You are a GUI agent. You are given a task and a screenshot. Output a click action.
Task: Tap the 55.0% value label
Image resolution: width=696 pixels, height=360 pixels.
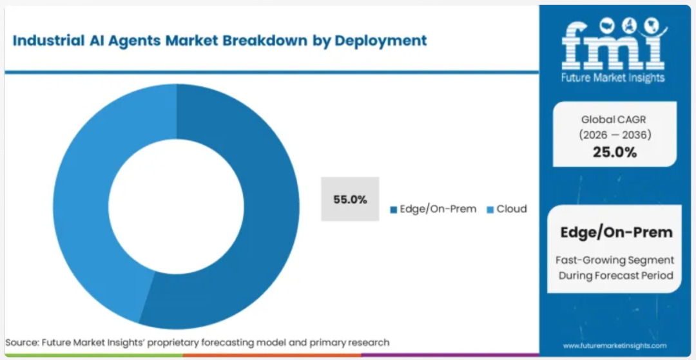pyautogui.click(x=350, y=200)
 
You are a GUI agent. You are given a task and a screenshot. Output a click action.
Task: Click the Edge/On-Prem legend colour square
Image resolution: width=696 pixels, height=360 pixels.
pyautogui.click(x=393, y=210)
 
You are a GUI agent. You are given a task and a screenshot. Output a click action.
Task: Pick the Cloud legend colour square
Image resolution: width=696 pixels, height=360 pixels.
pyautogui.click(x=490, y=210)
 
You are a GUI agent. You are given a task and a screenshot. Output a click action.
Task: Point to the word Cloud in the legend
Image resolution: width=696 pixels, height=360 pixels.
pyautogui.click(x=512, y=209)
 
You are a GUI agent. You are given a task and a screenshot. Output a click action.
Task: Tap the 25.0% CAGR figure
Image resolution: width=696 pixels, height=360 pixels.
pyautogui.click(x=615, y=153)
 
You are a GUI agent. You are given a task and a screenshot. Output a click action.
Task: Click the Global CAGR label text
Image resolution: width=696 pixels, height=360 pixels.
pyautogui.click(x=615, y=120)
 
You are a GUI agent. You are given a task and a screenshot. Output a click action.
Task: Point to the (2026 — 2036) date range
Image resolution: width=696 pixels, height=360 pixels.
pyautogui.click(x=615, y=135)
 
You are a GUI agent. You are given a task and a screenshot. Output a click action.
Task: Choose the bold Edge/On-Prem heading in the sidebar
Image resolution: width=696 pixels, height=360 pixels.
pyautogui.click(x=616, y=232)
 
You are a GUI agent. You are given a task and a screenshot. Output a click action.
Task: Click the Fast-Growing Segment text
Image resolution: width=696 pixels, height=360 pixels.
pyautogui.click(x=615, y=260)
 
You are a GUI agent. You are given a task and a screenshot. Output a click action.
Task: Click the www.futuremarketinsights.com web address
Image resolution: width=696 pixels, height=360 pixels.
pyautogui.click(x=615, y=345)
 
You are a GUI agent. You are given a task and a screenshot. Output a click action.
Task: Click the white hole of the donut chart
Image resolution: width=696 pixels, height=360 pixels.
pyautogui.click(x=176, y=207)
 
